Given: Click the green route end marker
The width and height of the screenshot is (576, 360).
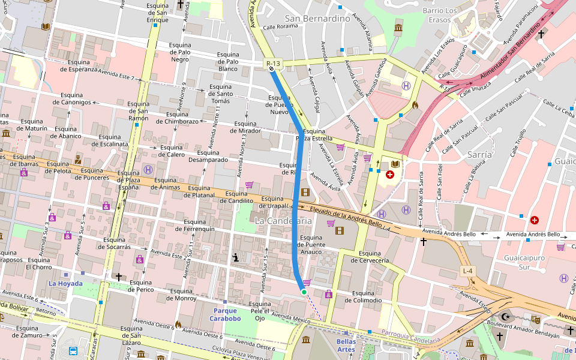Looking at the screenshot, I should pyautogui.click(x=304, y=292).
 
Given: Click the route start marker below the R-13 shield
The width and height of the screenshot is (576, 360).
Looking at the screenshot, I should pyautogui.click(x=272, y=69).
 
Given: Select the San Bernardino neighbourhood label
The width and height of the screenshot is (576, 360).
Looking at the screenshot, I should pyautogui.click(x=317, y=19).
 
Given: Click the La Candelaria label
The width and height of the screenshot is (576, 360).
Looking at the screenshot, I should pyautogui.click(x=283, y=221).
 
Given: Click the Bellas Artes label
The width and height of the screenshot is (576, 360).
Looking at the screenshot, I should pyautogui.click(x=346, y=345).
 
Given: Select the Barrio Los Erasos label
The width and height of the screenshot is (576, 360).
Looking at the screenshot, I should pyautogui.click(x=440, y=15).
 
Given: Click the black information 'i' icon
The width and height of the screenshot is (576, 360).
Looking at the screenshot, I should pyautogui.click(x=236, y=258).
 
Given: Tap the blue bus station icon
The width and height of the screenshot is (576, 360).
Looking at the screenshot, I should pyautogui.click(x=73, y=351).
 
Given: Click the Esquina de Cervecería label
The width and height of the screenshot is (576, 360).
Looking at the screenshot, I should pyautogui.click(x=370, y=257).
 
